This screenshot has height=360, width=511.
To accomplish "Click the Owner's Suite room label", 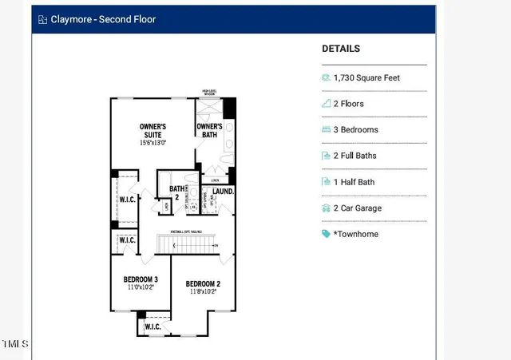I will click(x=153, y=131).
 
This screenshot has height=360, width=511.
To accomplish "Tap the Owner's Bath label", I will click(x=209, y=131).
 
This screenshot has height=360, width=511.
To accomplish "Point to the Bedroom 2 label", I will click(x=203, y=284).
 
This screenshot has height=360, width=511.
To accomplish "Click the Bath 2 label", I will click(x=176, y=192).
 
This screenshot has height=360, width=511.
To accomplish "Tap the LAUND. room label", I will click(x=223, y=192).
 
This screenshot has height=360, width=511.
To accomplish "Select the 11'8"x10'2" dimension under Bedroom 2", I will click(x=203, y=292).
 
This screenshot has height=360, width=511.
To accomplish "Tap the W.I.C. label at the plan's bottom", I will click(x=153, y=327).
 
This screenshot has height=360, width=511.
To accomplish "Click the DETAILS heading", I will click(x=341, y=49).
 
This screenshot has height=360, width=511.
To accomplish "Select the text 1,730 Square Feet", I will click(x=368, y=78).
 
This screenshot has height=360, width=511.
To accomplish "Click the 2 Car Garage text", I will click(x=359, y=208).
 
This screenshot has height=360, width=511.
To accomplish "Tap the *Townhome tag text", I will click(x=356, y=234).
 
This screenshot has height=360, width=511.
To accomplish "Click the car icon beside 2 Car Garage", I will click(x=326, y=208).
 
